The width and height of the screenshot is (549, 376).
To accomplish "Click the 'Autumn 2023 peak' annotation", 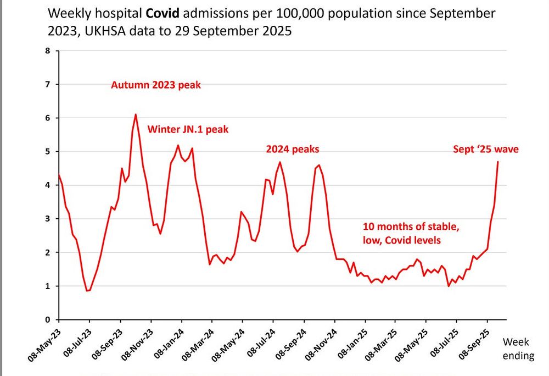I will click(x=156, y=86).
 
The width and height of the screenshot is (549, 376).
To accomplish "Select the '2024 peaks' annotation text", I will click(x=293, y=149).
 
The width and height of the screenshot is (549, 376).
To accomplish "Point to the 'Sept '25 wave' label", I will click(x=485, y=149).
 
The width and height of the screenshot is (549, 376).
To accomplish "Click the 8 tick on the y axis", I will click(x=47, y=51).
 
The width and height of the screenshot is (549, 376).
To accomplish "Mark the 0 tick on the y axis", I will click(x=47, y=320).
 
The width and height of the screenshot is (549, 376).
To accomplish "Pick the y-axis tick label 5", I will click(x=47, y=152).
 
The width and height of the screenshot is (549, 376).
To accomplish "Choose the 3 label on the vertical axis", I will click(x=47, y=219).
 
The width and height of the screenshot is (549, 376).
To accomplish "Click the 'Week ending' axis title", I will click(x=518, y=349).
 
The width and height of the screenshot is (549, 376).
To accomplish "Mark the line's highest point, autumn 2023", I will click(x=136, y=114).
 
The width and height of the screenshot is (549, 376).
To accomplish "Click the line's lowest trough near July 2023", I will click(x=87, y=291).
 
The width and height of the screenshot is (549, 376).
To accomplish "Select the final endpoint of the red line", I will click(x=497, y=162).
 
